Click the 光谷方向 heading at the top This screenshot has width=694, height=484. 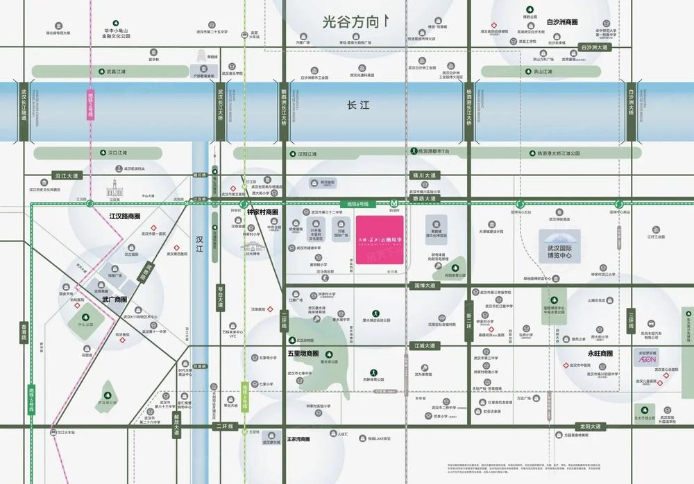coord(353,22)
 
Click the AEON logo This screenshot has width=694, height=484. coord(646,360)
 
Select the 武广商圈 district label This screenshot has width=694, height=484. coord(115,300)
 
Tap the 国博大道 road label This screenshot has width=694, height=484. coord(424,285)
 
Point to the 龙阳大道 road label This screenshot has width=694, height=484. coord(592,426)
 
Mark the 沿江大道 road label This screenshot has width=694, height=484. coord(67,176)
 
